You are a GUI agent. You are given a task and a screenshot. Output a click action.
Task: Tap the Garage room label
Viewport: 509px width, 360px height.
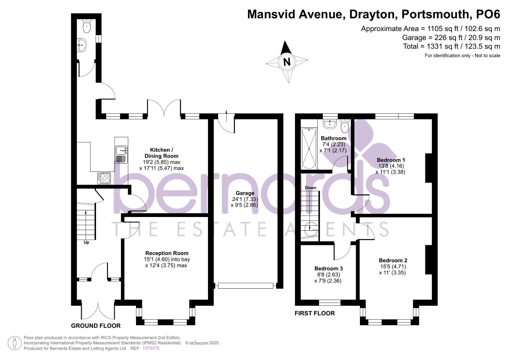245,193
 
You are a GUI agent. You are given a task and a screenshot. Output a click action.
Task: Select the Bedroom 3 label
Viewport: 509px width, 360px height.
328,268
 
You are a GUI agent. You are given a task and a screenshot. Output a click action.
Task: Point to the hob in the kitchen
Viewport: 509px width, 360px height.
104,178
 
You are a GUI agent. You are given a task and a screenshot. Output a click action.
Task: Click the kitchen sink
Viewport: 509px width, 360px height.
121,150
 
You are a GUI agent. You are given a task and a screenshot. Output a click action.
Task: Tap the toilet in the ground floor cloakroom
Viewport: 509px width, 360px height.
87,26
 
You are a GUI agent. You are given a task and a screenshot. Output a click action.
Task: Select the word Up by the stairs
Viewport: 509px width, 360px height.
86,242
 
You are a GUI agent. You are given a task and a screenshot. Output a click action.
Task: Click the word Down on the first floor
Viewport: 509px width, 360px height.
310,188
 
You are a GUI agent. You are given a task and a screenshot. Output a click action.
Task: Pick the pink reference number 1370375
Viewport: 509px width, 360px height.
151,348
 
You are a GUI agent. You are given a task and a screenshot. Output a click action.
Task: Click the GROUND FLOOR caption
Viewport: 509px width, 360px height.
96,326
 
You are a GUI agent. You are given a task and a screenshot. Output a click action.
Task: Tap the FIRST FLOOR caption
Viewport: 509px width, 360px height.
315,313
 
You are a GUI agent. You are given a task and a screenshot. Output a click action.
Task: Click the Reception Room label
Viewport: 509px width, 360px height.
167,253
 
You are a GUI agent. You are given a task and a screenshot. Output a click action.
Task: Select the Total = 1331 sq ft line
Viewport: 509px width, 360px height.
451,46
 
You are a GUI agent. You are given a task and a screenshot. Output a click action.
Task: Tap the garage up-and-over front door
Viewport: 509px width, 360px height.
245,286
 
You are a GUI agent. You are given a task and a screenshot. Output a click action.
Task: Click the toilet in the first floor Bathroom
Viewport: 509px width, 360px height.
345,126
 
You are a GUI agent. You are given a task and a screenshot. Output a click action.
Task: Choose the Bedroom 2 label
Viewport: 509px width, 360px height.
393,260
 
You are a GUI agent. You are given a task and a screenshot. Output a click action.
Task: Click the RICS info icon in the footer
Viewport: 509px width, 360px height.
14,343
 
